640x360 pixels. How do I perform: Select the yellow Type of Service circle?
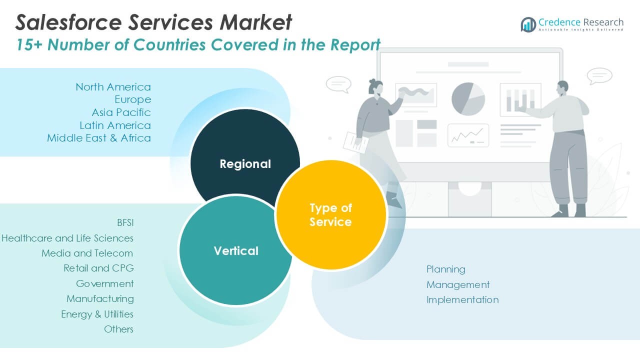(330, 215)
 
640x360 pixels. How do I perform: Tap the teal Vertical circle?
(235, 250)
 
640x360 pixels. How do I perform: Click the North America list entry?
(113, 87)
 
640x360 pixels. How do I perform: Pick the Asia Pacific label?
(121, 112)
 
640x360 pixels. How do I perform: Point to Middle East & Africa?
(99, 137)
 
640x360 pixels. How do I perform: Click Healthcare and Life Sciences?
(67, 238)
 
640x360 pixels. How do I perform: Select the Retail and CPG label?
(98, 268)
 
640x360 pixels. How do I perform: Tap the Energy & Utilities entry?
(97, 314)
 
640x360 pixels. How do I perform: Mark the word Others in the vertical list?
(118, 329)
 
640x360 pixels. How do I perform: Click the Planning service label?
(445, 269)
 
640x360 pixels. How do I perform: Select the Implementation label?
(462, 299)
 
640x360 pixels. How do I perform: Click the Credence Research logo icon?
(528, 24)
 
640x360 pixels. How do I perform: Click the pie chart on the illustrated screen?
(468, 98)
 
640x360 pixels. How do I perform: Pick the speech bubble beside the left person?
(338, 84)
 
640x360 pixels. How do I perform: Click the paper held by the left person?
(354, 142)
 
